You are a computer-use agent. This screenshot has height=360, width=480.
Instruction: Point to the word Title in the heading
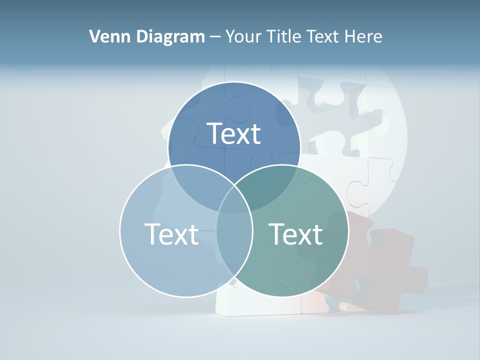[x=284, y=36]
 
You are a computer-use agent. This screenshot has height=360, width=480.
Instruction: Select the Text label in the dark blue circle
[x=234, y=134]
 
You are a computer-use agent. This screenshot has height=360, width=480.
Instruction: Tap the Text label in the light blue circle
[x=171, y=234]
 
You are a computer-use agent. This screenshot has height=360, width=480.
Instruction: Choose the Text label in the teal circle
[x=295, y=234]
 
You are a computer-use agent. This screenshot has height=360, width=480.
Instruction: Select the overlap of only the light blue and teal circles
[x=234, y=250]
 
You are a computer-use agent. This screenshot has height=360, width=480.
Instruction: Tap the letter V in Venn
[x=94, y=36]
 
